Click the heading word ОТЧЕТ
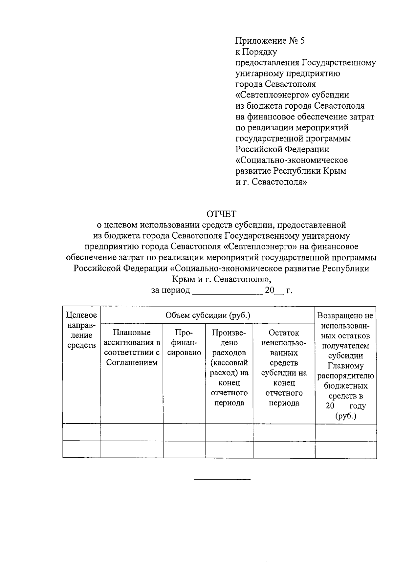pyautogui.click(x=221, y=214)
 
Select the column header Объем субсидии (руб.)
pyautogui.click(x=208, y=315)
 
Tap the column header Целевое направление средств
pyautogui.click(x=81, y=330)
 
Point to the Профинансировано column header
pyautogui.click(x=184, y=343)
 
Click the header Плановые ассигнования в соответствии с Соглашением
pyautogui.click(x=132, y=348)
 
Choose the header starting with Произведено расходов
pyautogui.click(x=229, y=368)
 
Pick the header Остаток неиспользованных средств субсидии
pyautogui.click(x=284, y=368)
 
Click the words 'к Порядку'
pyautogui.click(x=256, y=52)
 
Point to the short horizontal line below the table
pyautogui.click(x=222, y=480)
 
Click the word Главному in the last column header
pyautogui.click(x=345, y=366)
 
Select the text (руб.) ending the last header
pyautogui.click(x=345, y=416)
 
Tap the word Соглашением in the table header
pyautogui.click(x=132, y=363)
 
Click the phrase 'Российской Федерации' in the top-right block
pyautogui.click(x=282, y=149)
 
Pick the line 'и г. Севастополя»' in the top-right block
pyautogui.click(x=271, y=182)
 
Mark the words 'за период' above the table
pyautogui.click(x=170, y=291)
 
